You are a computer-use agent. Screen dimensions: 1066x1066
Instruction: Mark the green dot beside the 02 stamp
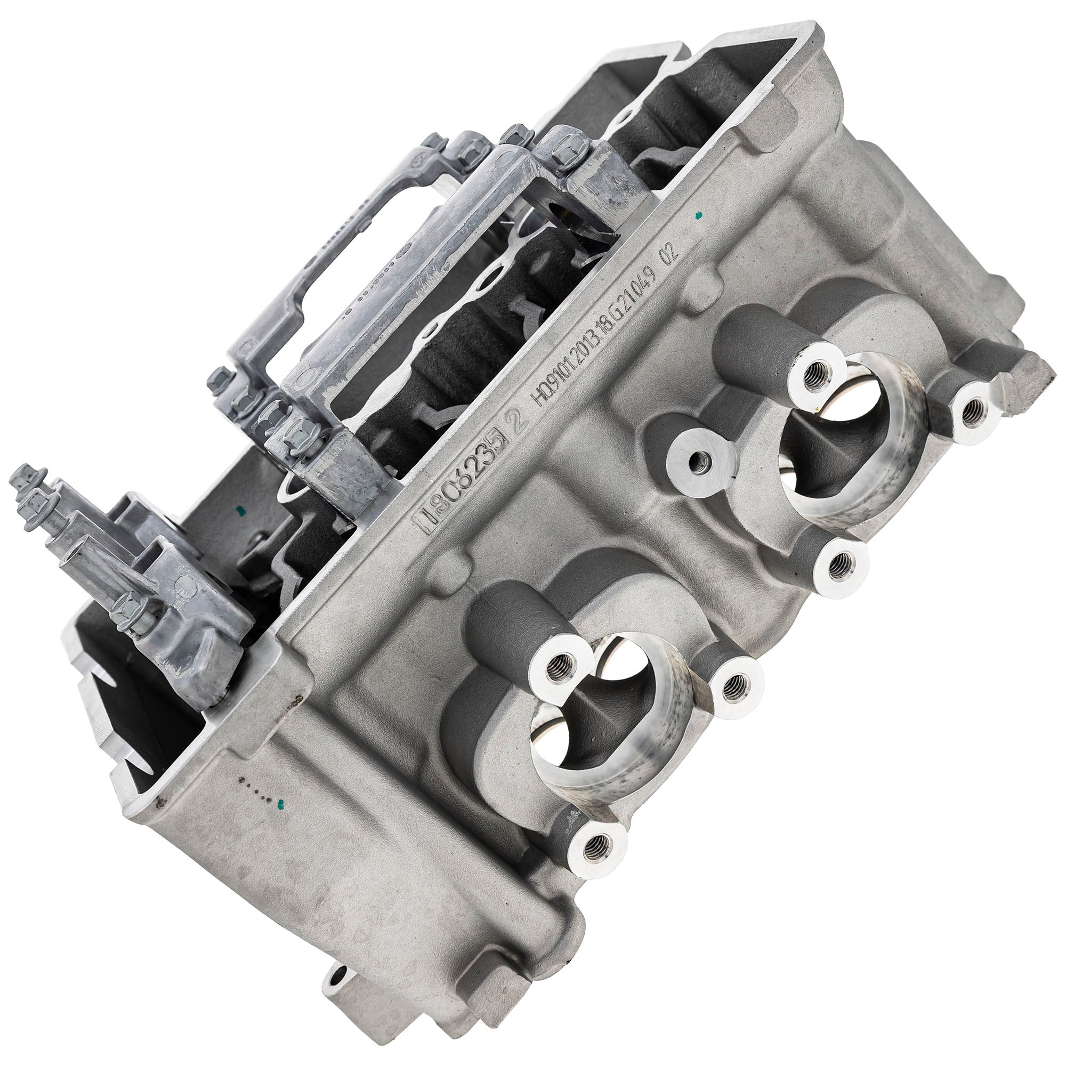[700, 215]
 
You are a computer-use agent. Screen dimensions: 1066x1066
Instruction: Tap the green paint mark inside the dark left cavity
[239, 508]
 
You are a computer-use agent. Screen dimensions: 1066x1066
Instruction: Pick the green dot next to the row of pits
[282, 802]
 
